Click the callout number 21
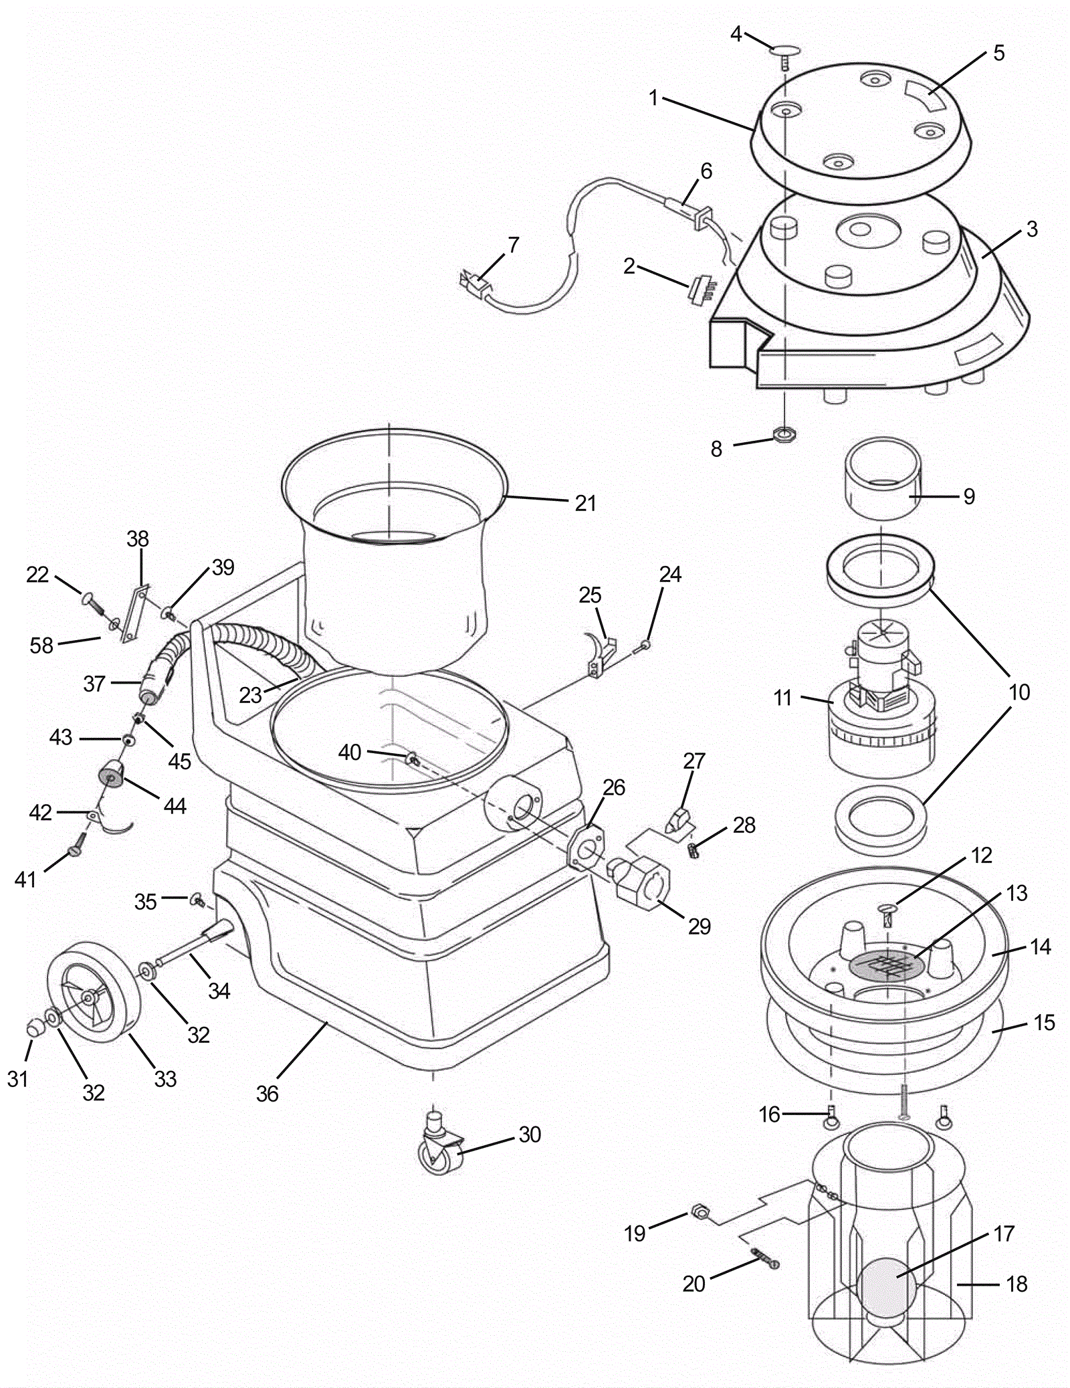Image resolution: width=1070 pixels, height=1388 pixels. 585,503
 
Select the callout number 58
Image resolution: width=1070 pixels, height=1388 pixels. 41,645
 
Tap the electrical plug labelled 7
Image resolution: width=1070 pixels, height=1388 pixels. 475,284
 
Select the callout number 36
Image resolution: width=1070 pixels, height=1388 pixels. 267,1094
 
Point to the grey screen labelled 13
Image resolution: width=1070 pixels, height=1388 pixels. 887,963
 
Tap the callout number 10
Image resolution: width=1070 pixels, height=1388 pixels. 1019,692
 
